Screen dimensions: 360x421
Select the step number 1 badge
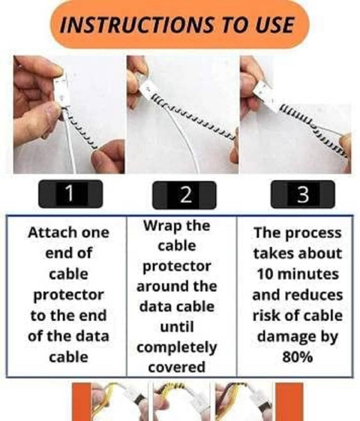70,194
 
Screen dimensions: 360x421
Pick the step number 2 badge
184,195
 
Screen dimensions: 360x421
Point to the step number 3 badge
303,194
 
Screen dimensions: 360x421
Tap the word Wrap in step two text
162,226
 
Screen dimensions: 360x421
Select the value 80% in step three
298,356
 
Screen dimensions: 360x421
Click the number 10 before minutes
265,274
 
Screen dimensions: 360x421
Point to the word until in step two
177,326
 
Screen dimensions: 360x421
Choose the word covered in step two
177,367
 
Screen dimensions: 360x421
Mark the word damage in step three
286,336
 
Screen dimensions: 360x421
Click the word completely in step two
177,347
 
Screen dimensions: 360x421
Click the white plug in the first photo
61,90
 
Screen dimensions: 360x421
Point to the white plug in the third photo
263,92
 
